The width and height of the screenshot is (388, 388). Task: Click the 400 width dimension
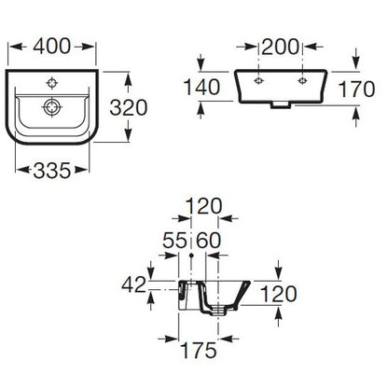(x=52, y=47)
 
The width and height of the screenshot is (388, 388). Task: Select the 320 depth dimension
(x=129, y=107)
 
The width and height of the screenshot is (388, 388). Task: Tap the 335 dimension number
(x=52, y=171)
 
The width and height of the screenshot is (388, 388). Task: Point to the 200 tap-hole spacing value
(x=280, y=47)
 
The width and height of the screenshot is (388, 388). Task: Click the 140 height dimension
(x=201, y=87)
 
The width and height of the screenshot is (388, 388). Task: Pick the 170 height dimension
(x=356, y=89)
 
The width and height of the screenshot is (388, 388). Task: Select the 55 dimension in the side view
(x=175, y=240)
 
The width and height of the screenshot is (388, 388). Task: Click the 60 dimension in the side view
(x=209, y=240)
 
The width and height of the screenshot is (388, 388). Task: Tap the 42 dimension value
(x=133, y=284)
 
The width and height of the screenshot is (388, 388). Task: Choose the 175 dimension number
(x=199, y=350)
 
